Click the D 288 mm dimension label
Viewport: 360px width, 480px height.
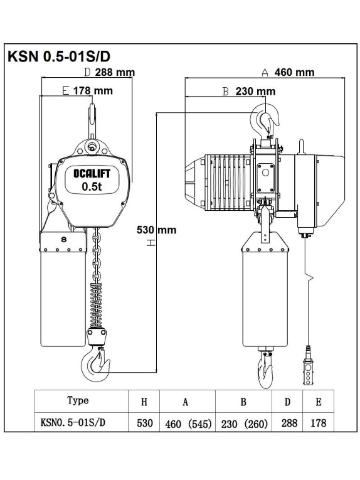coord(109,72)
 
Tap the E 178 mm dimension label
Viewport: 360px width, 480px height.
coord(88,91)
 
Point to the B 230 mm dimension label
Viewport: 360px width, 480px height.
coord(250,91)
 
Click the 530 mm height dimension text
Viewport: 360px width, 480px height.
coord(156,230)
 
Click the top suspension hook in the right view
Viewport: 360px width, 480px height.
coord(267,119)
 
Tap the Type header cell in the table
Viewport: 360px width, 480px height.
coord(78,400)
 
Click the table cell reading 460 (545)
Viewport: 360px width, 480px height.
coord(187,424)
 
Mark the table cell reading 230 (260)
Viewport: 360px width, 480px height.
coord(245,424)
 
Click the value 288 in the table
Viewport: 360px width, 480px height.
coord(289,423)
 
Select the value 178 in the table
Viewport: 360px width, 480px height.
coord(318,423)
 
